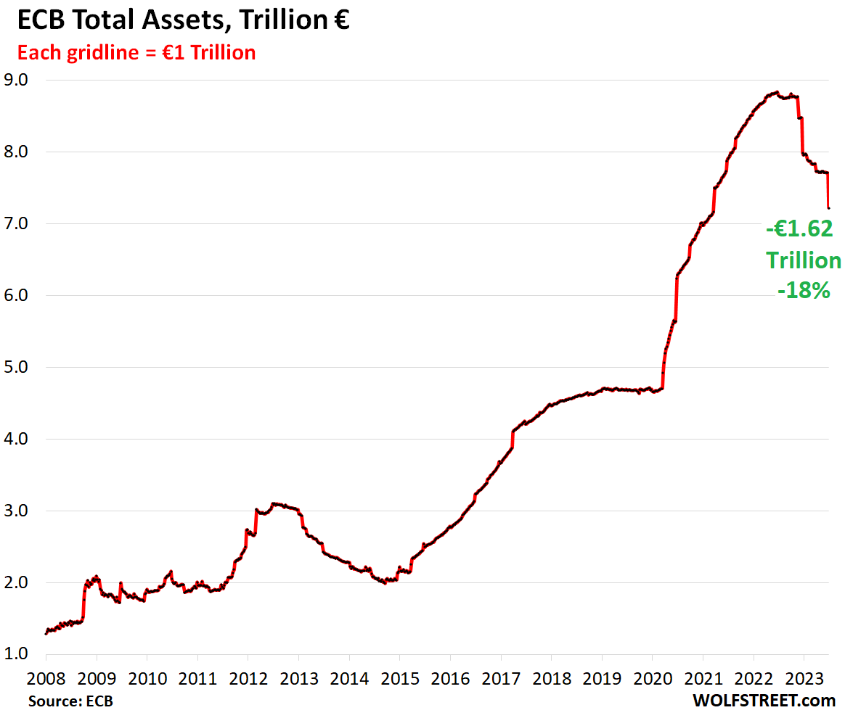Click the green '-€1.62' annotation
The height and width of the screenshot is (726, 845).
tap(799, 229)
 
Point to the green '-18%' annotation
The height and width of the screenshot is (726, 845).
tap(804, 292)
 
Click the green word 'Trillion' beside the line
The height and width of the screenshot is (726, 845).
tap(804, 260)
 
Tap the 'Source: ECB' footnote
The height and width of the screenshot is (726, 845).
tap(71, 701)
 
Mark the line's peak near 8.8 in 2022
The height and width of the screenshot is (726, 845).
tap(777, 92)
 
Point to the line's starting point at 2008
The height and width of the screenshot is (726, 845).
tap(46, 633)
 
